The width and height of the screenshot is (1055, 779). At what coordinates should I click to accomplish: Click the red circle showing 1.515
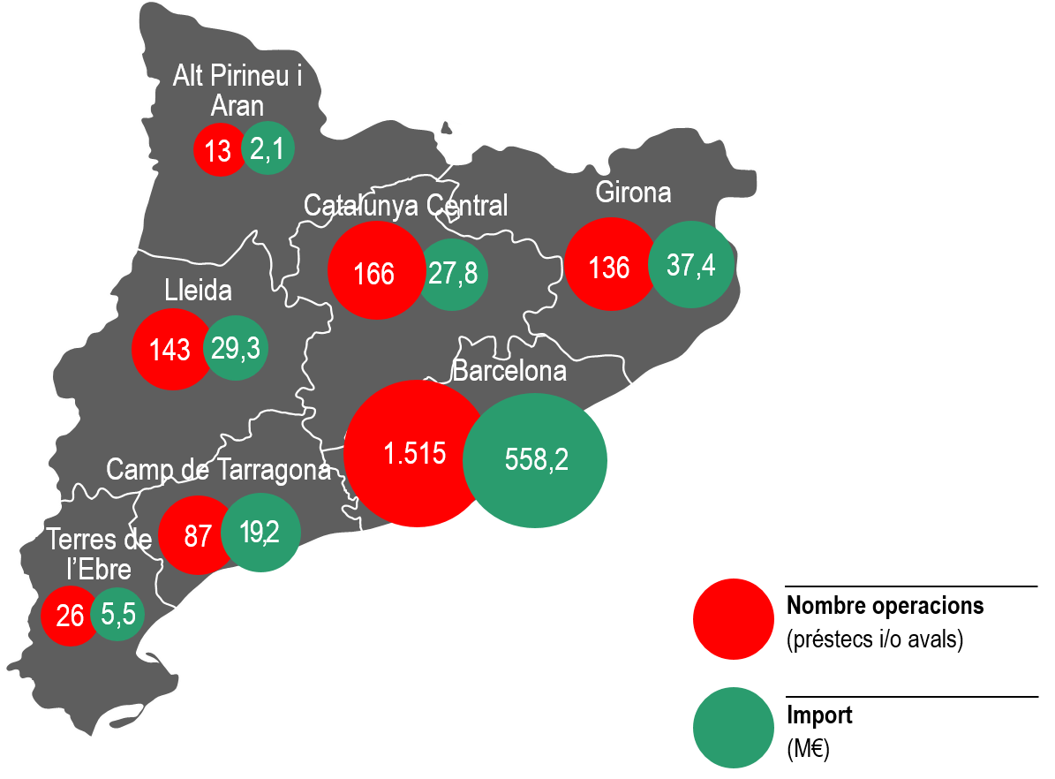pos(413,454)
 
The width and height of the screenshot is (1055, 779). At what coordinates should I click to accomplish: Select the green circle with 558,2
pos(535,460)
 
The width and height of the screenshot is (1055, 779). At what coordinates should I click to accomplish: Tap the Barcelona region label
pos(509,371)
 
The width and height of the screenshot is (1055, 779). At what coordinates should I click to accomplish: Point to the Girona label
pos(633,192)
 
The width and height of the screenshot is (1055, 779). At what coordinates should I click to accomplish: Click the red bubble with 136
pos(609,266)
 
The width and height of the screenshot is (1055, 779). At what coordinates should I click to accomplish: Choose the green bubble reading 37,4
pos(691,264)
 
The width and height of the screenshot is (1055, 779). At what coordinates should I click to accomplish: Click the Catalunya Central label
pos(405,206)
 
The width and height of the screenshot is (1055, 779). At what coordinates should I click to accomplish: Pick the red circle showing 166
pos(374,272)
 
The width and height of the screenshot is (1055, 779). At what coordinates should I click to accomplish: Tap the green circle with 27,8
pos(453,273)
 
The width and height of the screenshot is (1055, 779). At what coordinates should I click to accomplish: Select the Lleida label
pos(198,291)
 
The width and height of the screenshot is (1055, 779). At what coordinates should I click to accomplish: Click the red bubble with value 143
pos(171,349)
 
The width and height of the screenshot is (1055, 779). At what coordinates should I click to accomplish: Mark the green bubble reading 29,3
pos(236,348)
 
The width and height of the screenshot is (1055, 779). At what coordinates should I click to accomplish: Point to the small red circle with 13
pos(218,150)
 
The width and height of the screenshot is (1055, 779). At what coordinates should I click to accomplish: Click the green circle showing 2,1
pos(268,148)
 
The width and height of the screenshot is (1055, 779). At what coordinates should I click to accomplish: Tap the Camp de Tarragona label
pos(219,470)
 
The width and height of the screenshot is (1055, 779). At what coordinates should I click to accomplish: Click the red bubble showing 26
pos(68,615)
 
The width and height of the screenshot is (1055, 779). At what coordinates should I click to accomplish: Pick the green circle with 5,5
pos(118,614)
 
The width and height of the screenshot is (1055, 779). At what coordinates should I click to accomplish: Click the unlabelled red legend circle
pos(734,619)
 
